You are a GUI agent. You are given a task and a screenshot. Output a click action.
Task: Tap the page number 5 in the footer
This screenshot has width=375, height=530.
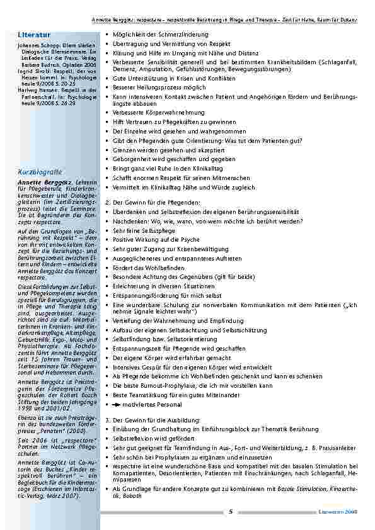click(x=231, y=511)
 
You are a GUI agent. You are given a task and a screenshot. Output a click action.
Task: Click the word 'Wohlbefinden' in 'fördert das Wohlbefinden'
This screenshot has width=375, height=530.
click(x=156, y=267)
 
